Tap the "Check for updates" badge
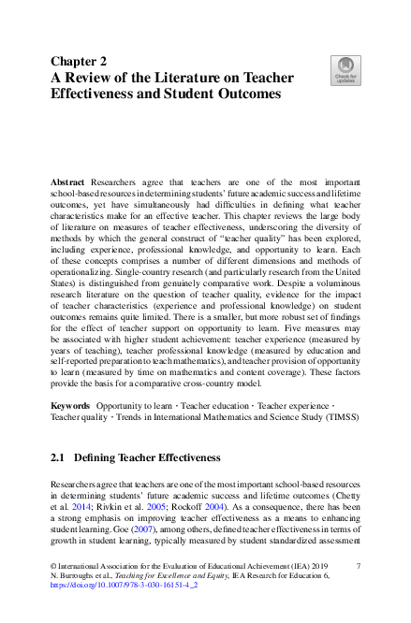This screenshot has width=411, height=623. pos(345,68)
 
